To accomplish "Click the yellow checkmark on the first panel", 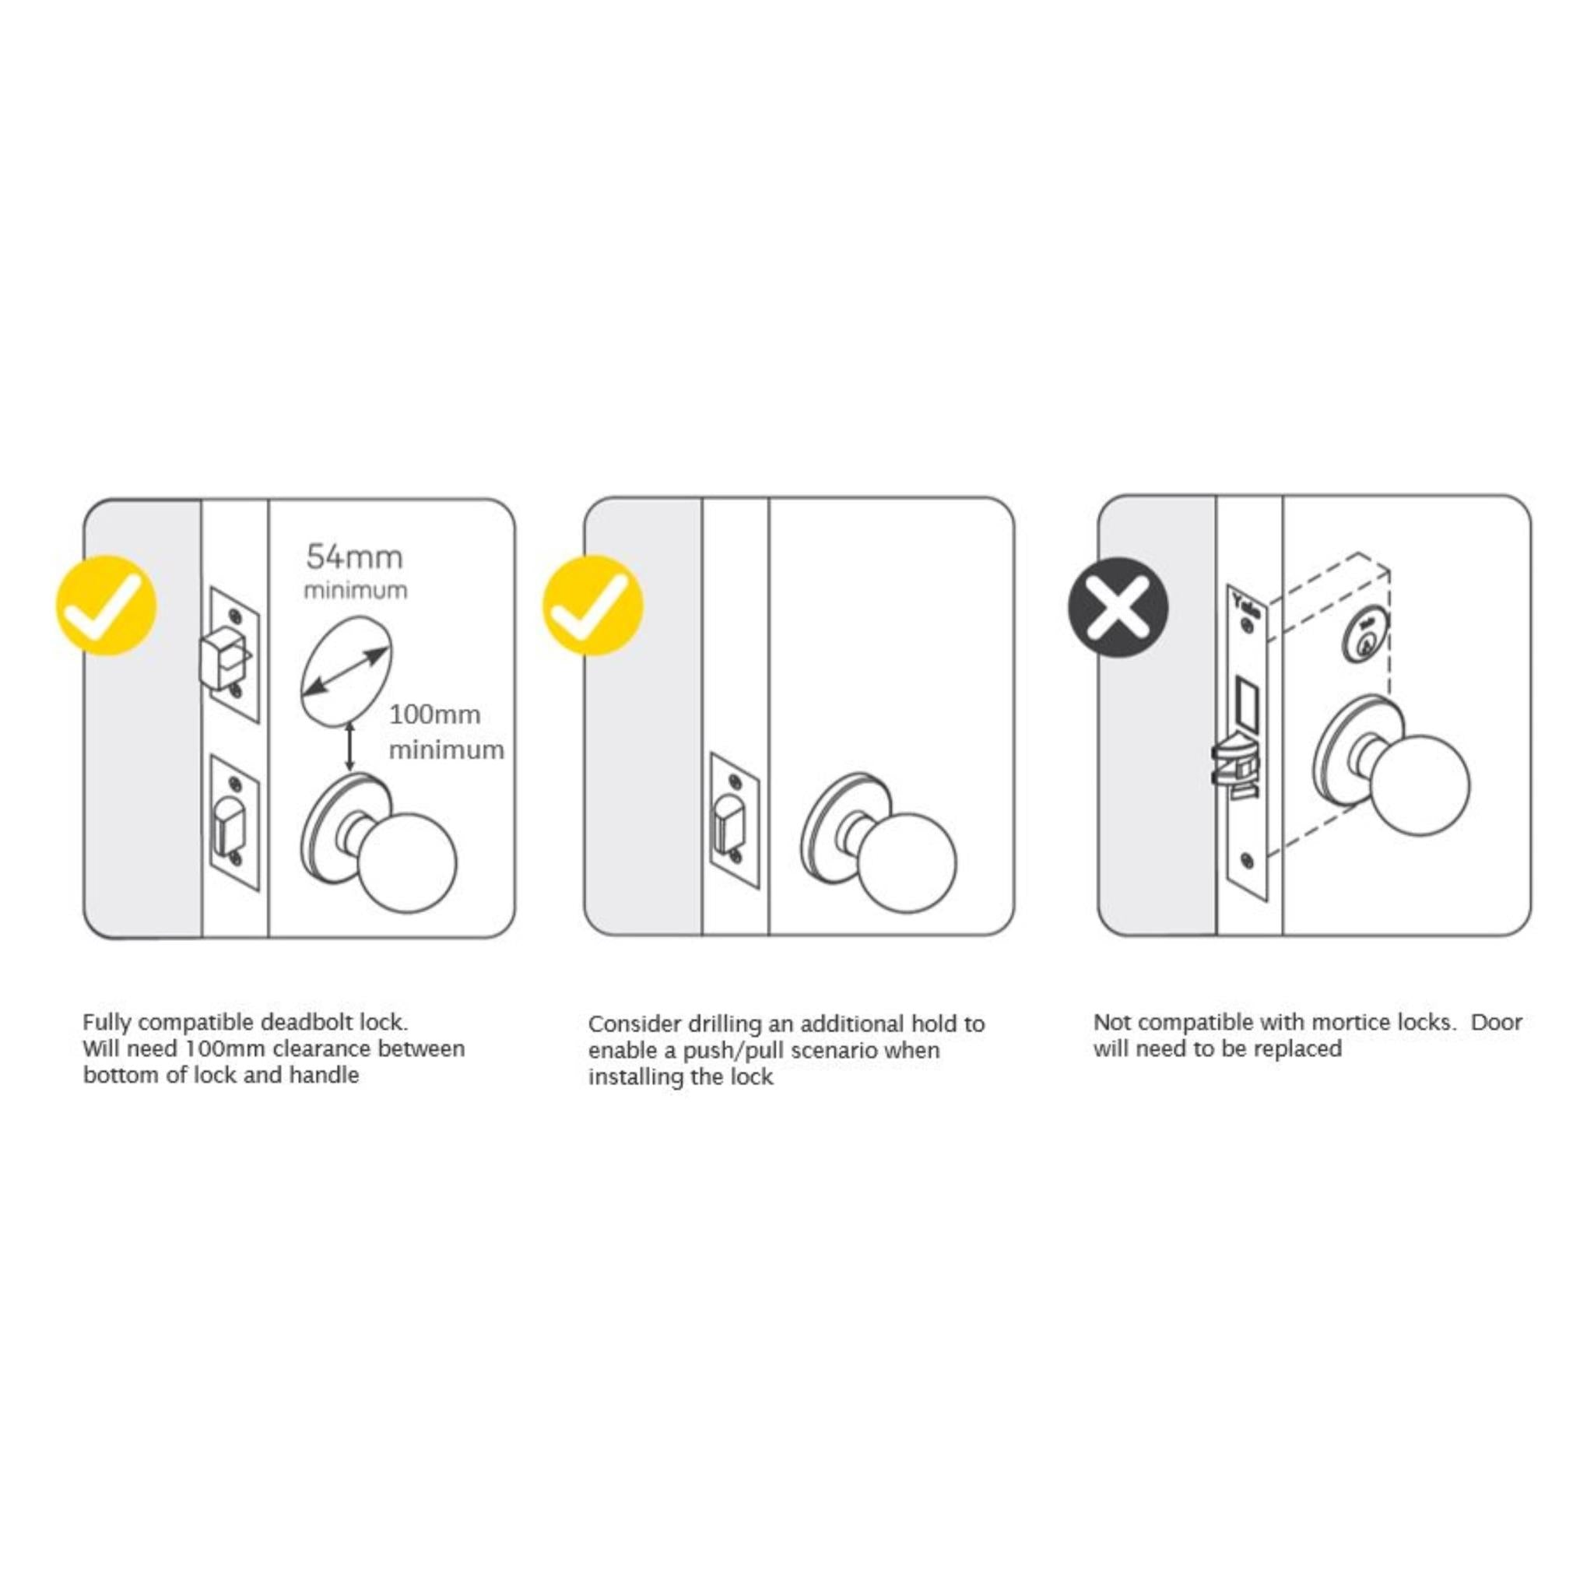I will coord(106,606).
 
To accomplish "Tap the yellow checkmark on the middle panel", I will coord(592,606).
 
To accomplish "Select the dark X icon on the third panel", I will coord(1118,606).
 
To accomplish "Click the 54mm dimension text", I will coord(355,558).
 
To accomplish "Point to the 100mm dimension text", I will coord(435,714).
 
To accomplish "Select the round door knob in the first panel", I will coord(409,863).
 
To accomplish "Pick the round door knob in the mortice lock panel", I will coord(1420,785).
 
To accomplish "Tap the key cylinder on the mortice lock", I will coord(1367,634).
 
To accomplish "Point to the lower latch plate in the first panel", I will coord(234,823).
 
